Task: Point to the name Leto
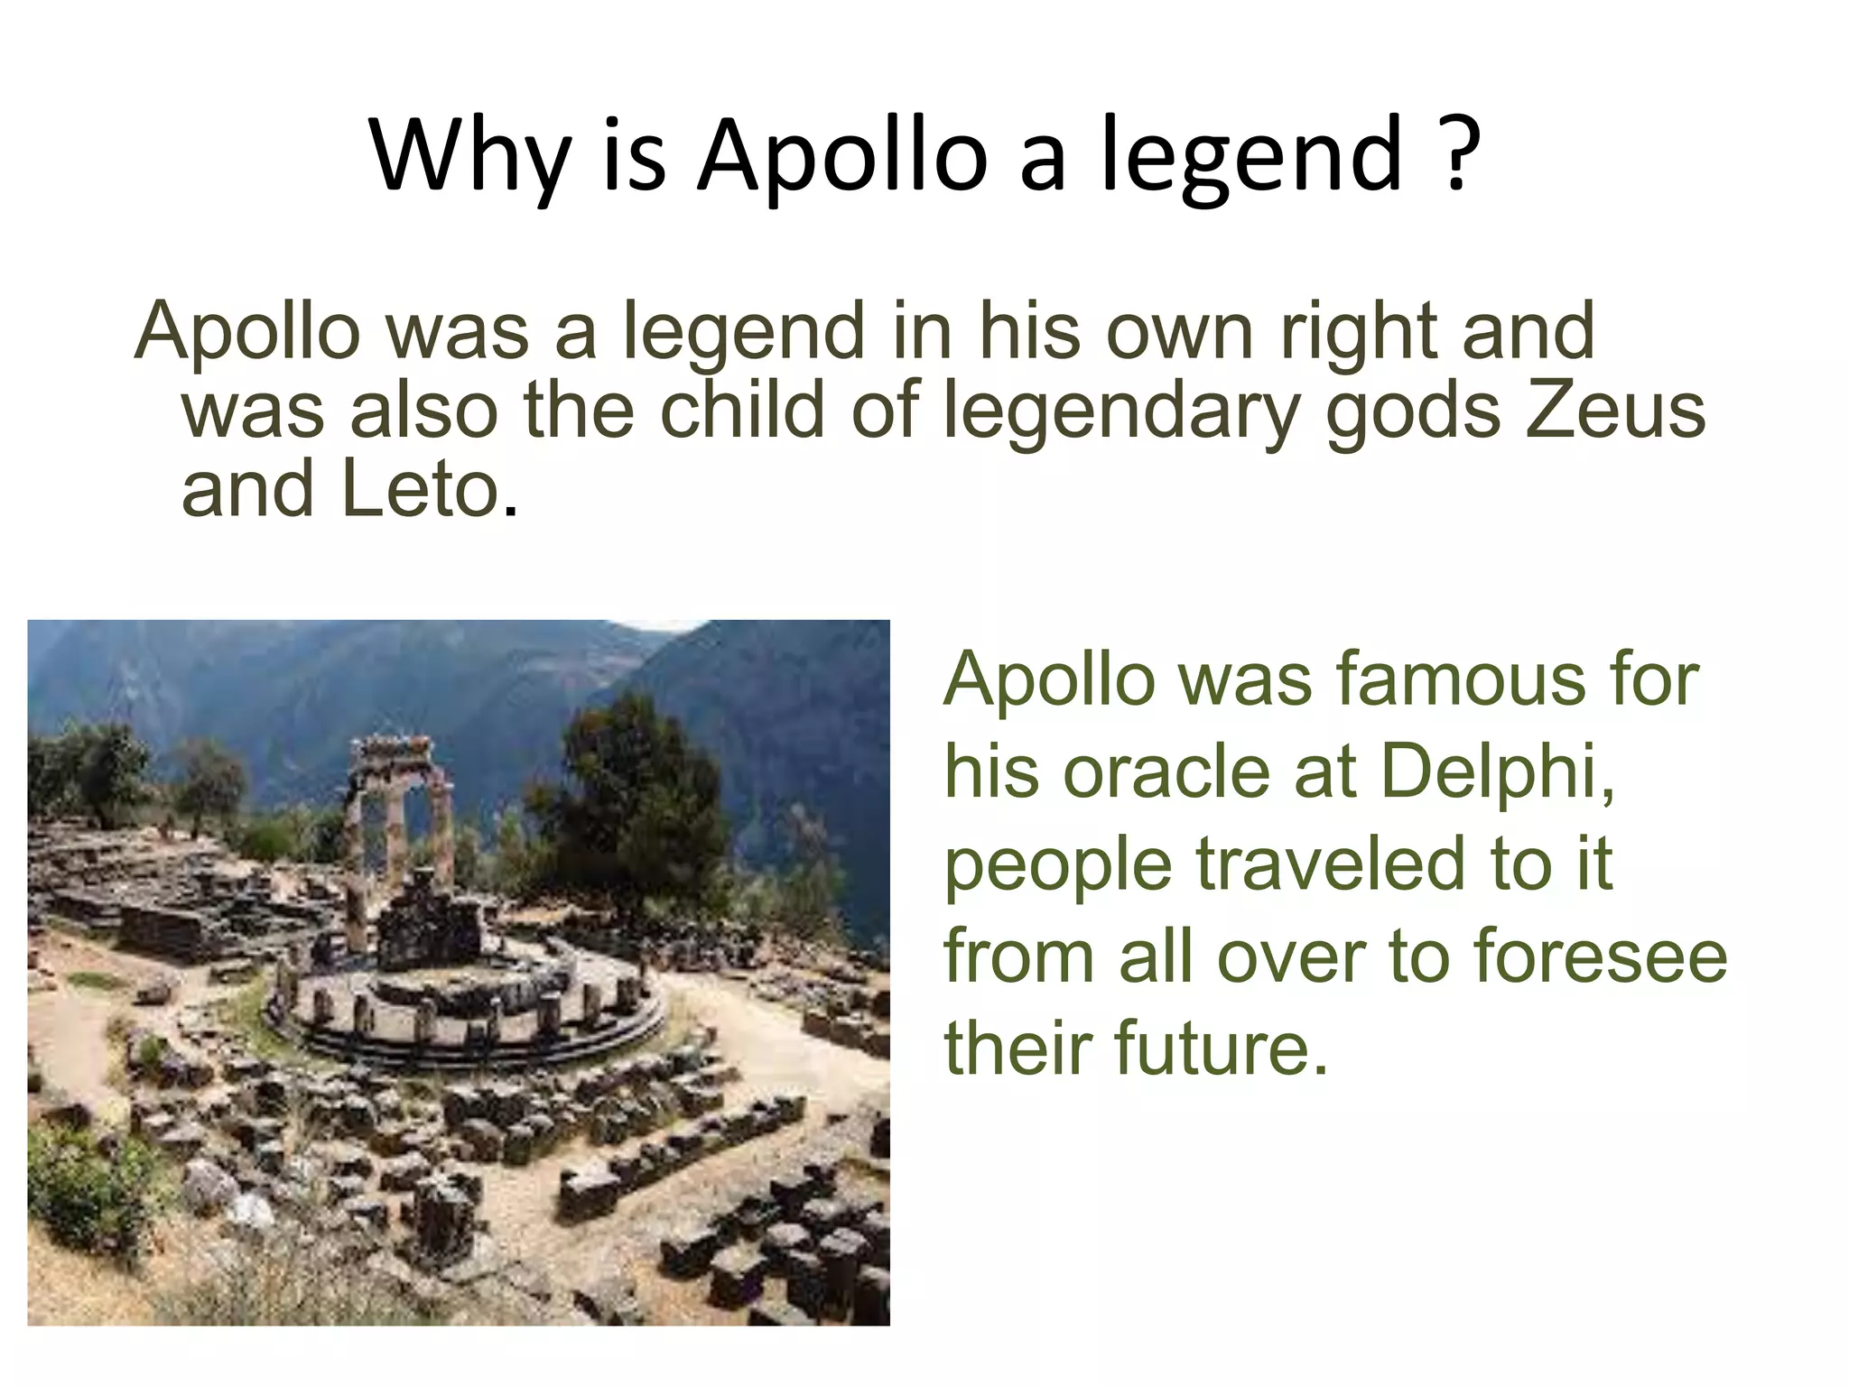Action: tap(422, 489)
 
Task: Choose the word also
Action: tap(424, 410)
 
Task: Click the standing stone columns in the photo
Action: tap(397, 812)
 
